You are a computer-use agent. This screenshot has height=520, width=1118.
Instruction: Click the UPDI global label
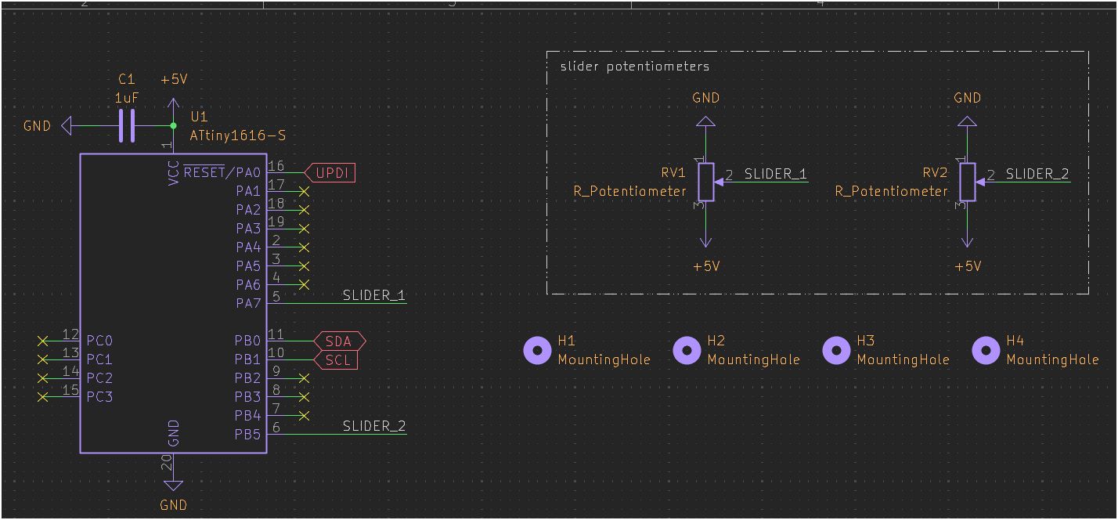click(330, 173)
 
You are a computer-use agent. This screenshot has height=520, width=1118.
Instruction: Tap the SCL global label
click(337, 360)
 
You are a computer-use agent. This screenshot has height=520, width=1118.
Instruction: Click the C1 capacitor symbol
click(127, 125)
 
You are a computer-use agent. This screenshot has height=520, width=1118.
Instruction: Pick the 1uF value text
click(128, 99)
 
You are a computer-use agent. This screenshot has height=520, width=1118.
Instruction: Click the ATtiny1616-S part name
click(237, 135)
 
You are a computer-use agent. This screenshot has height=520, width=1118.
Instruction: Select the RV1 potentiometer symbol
click(706, 182)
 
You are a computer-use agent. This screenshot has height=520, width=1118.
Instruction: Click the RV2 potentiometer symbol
click(968, 182)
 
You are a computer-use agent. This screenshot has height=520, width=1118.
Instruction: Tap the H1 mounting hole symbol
click(537, 351)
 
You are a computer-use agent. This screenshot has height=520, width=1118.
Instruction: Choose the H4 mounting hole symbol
click(986, 351)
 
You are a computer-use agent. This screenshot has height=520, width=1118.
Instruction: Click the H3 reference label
click(865, 341)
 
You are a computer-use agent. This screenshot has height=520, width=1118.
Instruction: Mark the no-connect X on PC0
click(43, 341)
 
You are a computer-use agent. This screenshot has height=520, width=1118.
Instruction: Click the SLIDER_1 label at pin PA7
click(374, 296)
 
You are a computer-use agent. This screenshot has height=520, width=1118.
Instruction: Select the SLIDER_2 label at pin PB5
click(374, 427)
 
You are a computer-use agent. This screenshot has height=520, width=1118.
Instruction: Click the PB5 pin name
click(247, 434)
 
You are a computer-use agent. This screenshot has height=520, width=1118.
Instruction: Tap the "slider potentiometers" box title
click(635, 67)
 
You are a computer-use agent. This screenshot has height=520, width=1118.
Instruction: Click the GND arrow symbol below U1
click(173, 486)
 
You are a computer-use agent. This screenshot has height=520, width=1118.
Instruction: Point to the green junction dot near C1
click(173, 125)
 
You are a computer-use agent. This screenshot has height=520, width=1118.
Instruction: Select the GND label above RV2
click(968, 98)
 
